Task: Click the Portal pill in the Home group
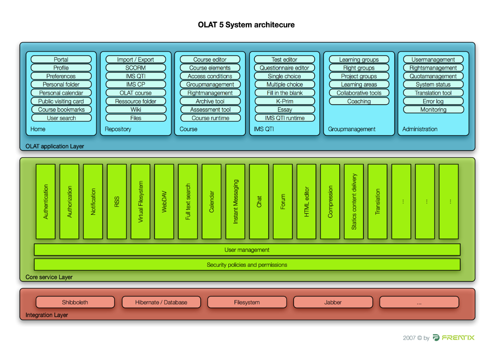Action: [61, 59]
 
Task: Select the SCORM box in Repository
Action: [136, 68]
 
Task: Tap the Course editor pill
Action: [210, 59]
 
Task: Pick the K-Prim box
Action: [285, 101]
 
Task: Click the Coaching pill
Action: [359, 101]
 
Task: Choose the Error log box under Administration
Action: [433, 101]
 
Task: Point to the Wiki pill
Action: [136, 110]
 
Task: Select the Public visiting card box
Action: [61, 101]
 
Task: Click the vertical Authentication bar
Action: [46, 202]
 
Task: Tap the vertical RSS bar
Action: [117, 202]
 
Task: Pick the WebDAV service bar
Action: [164, 202]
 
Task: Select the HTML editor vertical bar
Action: [307, 202]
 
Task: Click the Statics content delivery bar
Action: [354, 202]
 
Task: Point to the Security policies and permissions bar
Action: [247, 265]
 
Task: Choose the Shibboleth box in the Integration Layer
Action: [75, 302]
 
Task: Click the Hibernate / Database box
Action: [161, 302]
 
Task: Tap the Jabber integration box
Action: [333, 302]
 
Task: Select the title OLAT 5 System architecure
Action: [246, 25]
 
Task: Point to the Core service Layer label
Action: [49, 277]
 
